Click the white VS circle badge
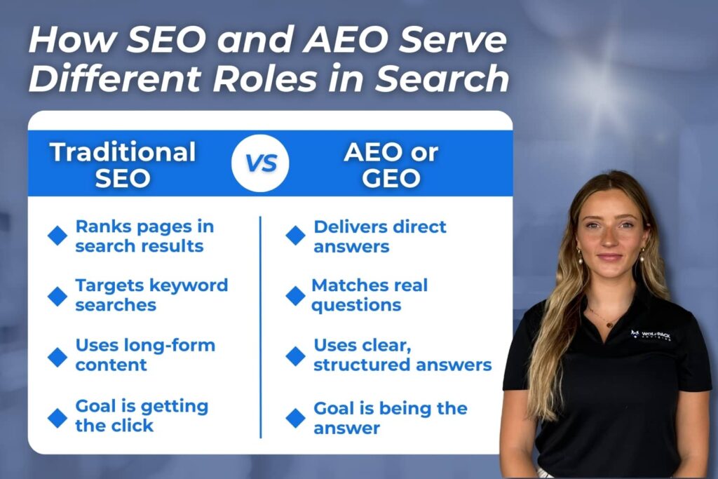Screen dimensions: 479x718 click(260, 163)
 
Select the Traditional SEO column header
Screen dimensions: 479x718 click(123, 164)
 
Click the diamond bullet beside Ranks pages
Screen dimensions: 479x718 click(57, 236)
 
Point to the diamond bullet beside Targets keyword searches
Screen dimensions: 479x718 click(57, 296)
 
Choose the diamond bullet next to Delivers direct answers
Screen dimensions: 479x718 click(296, 236)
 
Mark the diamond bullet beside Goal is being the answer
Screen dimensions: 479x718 click(296, 418)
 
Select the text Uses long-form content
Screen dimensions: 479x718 click(145, 355)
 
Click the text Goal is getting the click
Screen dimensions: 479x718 click(142, 415)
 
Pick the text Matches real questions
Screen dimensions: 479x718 click(370, 295)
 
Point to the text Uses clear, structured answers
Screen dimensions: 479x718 click(402, 355)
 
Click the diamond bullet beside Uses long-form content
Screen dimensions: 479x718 click(57, 357)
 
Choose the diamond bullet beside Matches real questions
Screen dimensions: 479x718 click(296, 296)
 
